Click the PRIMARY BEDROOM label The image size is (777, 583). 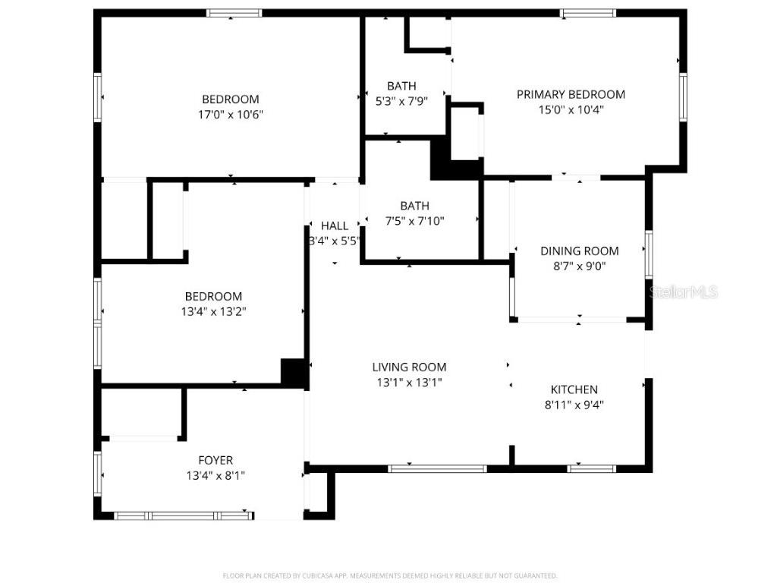click(571, 94)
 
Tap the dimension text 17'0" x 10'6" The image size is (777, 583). click(230, 115)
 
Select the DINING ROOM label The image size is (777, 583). click(579, 251)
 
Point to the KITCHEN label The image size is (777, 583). click(574, 389)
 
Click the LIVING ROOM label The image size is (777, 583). click(409, 367)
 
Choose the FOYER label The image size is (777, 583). click(215, 460)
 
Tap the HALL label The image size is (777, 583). click(335, 225)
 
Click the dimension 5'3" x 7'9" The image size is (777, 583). click(401, 101)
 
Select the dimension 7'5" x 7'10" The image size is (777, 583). click(414, 221)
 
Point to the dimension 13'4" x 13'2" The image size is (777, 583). click(213, 311)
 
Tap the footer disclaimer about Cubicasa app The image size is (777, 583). click(389, 575)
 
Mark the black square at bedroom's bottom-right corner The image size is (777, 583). click(293, 371)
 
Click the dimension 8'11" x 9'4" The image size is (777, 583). click(574, 405)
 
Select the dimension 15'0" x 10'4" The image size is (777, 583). click(571, 109)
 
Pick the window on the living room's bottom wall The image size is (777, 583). click(437, 468)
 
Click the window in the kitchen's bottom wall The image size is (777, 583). click(592, 468)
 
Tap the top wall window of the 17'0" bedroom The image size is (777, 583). click(234, 13)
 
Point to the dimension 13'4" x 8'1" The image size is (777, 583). click(215, 475)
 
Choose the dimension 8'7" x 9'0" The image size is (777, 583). click(579, 266)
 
